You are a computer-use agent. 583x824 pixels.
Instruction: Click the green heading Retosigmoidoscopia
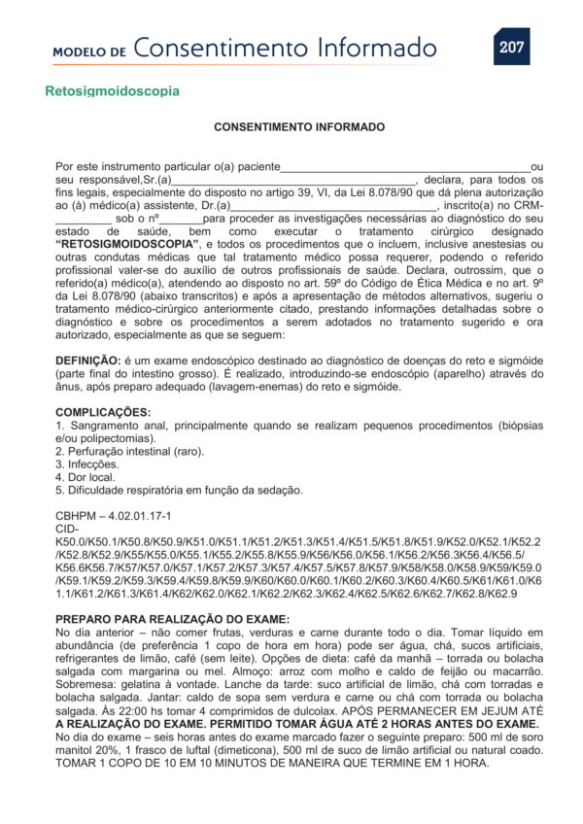(112, 91)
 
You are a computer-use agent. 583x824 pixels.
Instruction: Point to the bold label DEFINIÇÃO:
(88, 360)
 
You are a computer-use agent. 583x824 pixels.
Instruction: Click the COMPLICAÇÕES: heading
(103, 412)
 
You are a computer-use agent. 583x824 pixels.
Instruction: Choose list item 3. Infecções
(87, 464)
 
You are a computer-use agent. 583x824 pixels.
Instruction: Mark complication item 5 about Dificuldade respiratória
(180, 490)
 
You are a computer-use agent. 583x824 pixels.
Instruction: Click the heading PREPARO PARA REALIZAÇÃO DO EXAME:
(172, 618)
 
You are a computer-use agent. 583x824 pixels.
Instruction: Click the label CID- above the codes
(67, 528)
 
